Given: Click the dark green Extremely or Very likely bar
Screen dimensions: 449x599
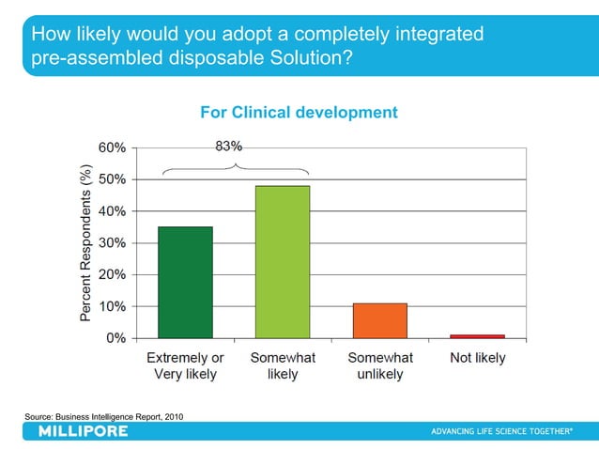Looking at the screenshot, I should tap(185, 282).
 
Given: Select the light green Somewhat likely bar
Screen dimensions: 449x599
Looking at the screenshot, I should tap(282, 261).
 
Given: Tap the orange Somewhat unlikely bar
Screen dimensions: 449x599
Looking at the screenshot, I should tap(379, 320).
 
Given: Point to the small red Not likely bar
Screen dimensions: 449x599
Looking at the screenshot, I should tap(477, 335).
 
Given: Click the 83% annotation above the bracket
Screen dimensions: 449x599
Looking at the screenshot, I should tap(229, 147).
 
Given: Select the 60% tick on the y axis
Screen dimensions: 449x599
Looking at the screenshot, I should tap(114, 147).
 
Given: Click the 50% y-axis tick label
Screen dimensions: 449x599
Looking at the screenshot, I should tap(114, 179).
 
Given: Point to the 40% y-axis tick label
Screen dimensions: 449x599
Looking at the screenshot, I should tap(114, 211).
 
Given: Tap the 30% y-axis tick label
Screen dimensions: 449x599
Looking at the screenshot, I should tap(114, 243).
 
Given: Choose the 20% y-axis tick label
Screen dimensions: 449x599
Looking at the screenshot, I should tap(114, 275).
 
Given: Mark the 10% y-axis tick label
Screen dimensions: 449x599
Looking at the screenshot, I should tap(114, 306).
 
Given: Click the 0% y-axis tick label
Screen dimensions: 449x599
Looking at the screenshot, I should tap(117, 338).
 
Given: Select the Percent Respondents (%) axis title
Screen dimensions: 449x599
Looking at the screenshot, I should tap(85, 242).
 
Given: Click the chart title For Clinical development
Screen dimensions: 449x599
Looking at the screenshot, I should tap(299, 113).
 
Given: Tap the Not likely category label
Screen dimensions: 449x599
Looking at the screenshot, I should tap(478, 358).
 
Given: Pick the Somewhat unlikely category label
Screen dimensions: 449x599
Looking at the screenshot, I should tap(380, 366).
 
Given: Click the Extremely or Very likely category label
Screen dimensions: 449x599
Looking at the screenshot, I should tap(185, 366).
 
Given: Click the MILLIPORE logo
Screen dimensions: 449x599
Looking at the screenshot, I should tap(83, 431).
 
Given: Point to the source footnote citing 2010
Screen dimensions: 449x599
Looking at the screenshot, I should tap(103, 415).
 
